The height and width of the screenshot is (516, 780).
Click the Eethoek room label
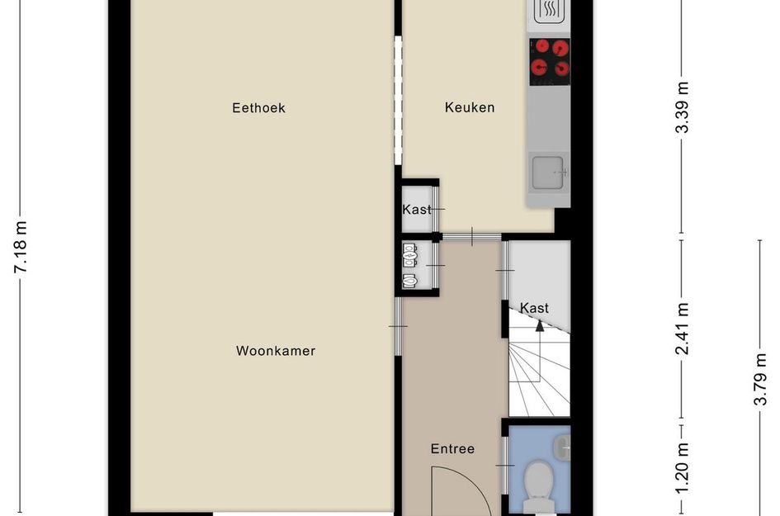tap(258, 107)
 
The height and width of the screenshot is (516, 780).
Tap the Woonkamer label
tap(276, 351)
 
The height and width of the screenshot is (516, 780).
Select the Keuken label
tap(470, 107)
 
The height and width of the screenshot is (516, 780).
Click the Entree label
tap(452, 449)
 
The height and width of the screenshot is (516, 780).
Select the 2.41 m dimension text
tap(682, 329)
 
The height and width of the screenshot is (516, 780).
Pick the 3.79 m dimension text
tap(760, 380)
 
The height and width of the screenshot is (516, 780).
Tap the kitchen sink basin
tap(547, 172)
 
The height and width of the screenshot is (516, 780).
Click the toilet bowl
tap(541, 479)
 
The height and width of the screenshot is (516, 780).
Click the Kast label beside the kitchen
tap(417, 210)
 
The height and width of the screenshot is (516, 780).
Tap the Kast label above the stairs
tap(535, 308)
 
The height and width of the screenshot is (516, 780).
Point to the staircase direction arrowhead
tap(540, 324)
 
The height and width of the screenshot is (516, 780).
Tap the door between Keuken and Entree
tap(471, 238)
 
